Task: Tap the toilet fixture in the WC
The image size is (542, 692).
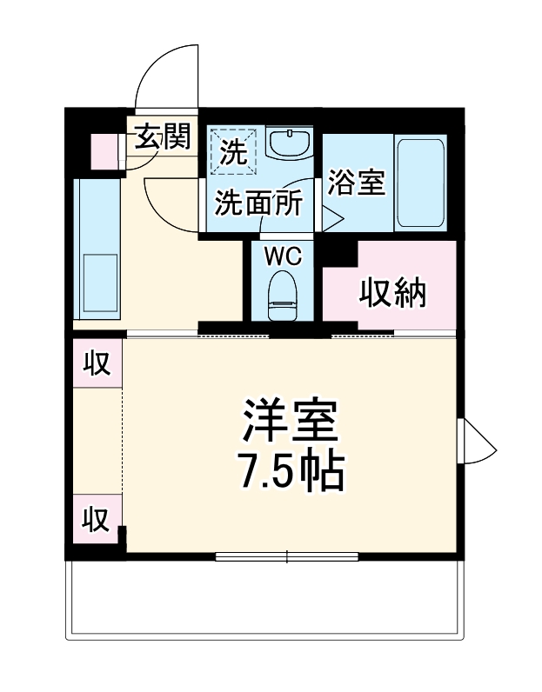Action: (282, 296)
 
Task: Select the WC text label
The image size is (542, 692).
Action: (282, 257)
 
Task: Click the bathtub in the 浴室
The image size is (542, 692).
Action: (421, 182)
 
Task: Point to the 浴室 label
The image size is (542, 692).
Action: (356, 183)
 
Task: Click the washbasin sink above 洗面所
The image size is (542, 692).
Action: (290, 143)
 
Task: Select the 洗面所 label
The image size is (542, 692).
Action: (258, 203)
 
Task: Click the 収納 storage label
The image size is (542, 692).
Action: (393, 294)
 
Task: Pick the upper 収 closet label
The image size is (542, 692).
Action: (97, 364)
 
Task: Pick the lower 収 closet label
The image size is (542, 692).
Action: (96, 519)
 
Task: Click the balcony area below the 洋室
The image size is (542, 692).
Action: (265, 600)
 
